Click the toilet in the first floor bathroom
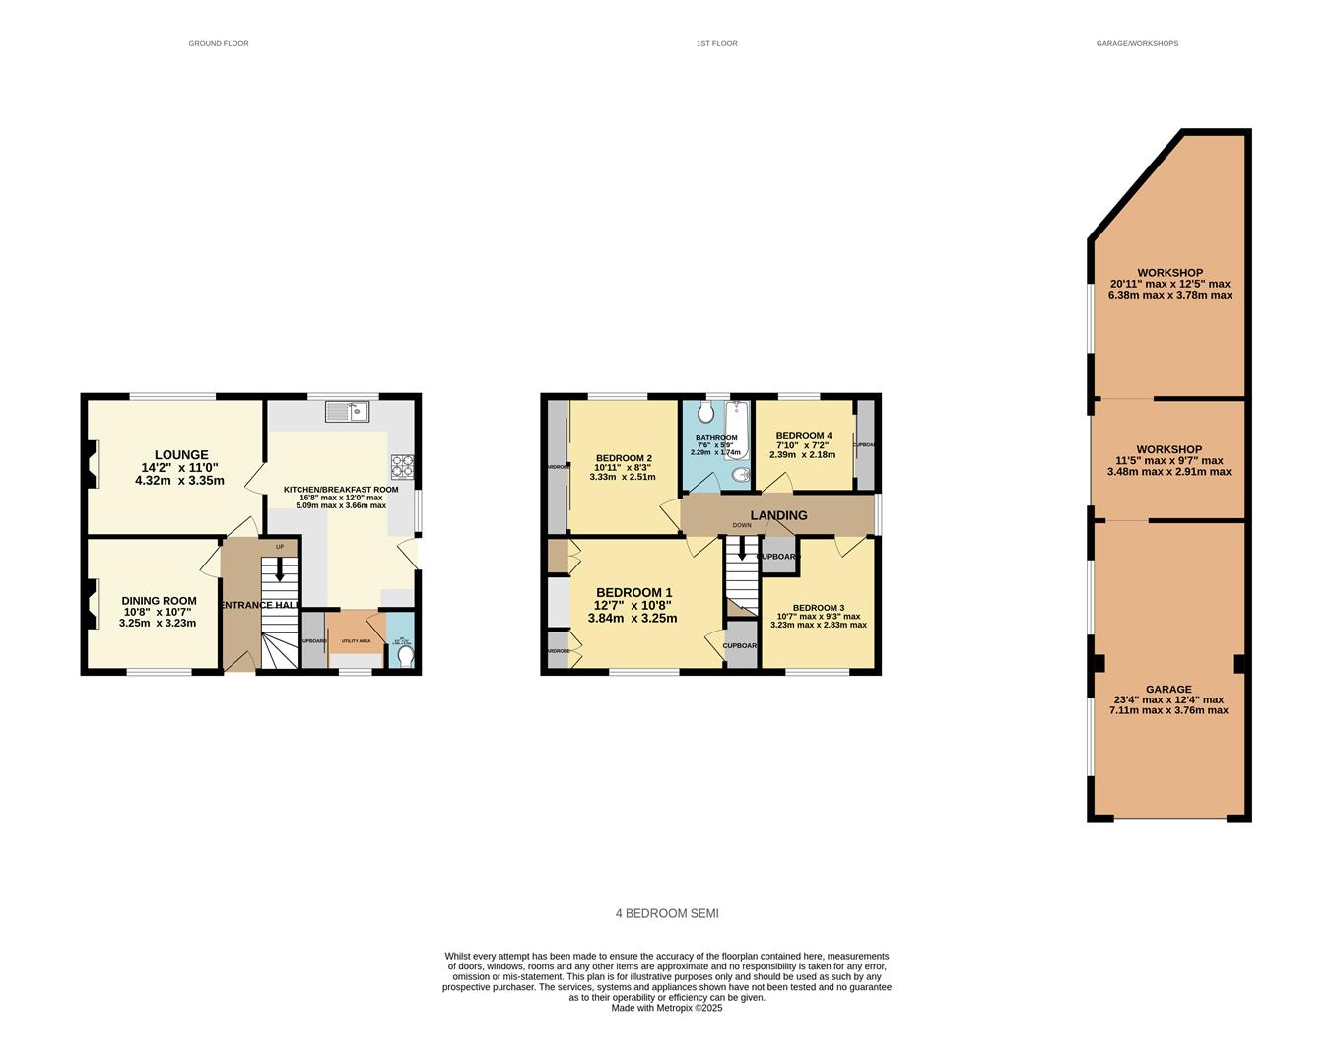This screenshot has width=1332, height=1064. click(x=705, y=412)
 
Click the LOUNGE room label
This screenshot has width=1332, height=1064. click(x=180, y=455)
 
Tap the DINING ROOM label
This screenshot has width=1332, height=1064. click(x=159, y=601)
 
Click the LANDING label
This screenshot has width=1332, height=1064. click(x=778, y=515)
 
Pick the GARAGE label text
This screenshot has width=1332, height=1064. click(x=1168, y=690)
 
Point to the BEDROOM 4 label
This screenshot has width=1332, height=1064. click(x=803, y=436)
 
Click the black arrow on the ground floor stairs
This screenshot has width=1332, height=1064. click(x=279, y=569)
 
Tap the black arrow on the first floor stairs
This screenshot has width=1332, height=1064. click(x=742, y=550)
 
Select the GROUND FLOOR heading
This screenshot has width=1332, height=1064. click(x=219, y=43)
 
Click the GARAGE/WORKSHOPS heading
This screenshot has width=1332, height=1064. click(x=1137, y=43)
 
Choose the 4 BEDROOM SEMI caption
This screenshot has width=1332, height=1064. click(x=667, y=914)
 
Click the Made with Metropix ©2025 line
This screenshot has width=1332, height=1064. click(x=667, y=1008)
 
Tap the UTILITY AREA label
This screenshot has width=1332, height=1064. click(x=356, y=641)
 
